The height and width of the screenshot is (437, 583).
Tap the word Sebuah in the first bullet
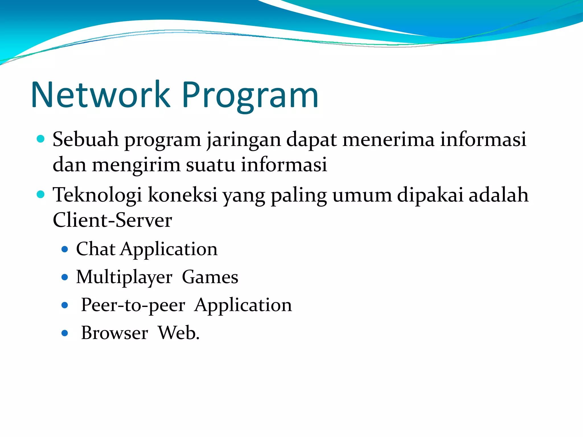click(x=85, y=139)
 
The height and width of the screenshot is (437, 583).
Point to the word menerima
click(x=388, y=139)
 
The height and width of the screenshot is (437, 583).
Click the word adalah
click(x=498, y=195)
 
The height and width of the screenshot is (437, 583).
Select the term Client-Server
click(x=112, y=220)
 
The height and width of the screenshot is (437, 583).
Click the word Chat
click(x=96, y=249)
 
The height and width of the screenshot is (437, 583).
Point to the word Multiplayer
click(x=124, y=277)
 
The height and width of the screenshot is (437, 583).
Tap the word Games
click(x=210, y=277)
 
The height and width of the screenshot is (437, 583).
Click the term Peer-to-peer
click(x=133, y=305)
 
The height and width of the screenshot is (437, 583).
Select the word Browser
click(x=114, y=333)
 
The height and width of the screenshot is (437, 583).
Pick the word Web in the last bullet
click(x=177, y=333)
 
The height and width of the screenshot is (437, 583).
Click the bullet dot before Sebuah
click(x=41, y=139)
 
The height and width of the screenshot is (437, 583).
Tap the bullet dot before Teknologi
click(x=41, y=195)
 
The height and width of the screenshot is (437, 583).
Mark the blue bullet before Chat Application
click(x=65, y=250)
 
